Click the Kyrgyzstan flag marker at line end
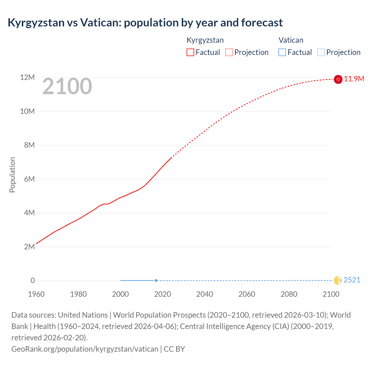[x=338, y=79]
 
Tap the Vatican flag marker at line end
[x=338, y=280]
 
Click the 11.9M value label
[x=354, y=79]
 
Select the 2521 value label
[x=352, y=280]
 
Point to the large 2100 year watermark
[x=67, y=86]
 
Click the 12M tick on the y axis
[x=27, y=78]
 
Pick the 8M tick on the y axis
[x=29, y=145]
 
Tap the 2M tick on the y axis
[x=29, y=247]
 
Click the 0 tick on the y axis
[x=33, y=281]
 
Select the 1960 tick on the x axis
[x=36, y=294]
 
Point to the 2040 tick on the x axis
[x=205, y=294]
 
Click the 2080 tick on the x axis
[x=289, y=294]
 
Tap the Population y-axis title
[x=12, y=175]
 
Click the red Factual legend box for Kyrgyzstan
[x=190, y=52]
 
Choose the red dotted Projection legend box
[x=229, y=52]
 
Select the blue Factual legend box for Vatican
[x=282, y=52]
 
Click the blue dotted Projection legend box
[x=321, y=52]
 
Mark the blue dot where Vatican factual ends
[x=156, y=280]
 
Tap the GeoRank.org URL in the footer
[x=85, y=349]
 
